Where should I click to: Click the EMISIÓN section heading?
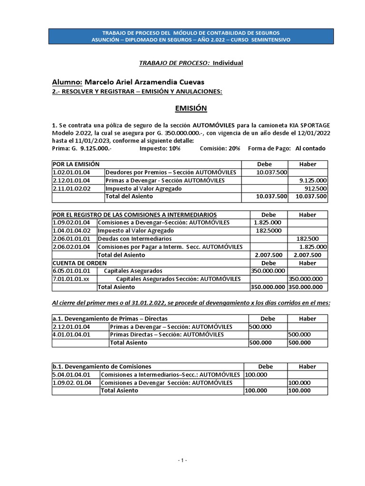point(190,108)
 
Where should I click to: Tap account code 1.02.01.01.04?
point(71,172)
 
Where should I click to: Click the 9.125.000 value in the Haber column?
point(313,180)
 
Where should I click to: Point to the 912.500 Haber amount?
point(316,188)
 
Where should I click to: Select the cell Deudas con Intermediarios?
point(134,239)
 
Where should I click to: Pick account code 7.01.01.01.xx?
point(71,279)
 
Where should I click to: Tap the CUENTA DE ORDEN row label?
point(79,263)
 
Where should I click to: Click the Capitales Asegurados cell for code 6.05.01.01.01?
point(133,271)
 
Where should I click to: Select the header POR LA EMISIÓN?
point(76,164)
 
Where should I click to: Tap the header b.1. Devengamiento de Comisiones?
point(102,366)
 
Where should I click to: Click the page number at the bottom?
point(182,461)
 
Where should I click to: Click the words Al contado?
point(310,148)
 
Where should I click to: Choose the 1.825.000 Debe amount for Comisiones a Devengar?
point(268,223)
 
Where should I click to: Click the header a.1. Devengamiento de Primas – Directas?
point(110,318)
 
